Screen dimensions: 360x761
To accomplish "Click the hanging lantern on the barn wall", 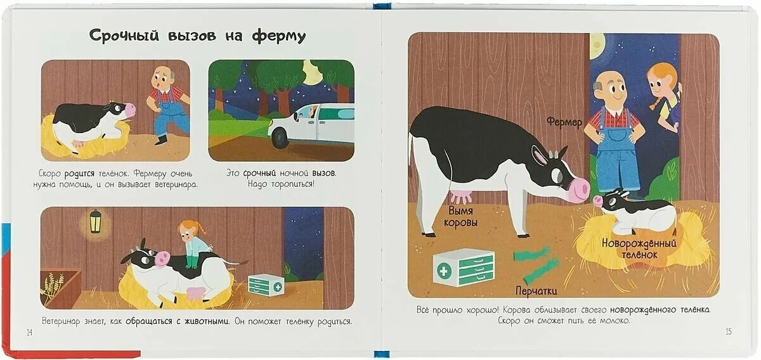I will point(95,222).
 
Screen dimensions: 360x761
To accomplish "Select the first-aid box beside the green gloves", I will point(464,267).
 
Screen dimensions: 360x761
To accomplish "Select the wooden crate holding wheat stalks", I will point(61,286).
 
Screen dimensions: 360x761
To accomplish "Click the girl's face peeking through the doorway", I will point(658,83).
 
